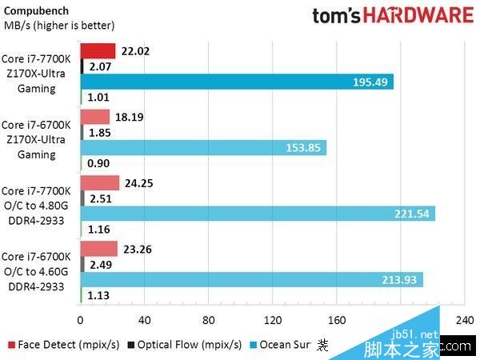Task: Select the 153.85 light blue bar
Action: tap(203, 148)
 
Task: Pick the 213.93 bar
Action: tap(251, 278)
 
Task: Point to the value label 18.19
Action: tap(130, 117)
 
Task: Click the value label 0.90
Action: tap(98, 163)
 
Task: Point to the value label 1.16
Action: tap(98, 229)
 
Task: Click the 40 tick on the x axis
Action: tap(145, 321)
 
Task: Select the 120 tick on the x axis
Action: tap(273, 321)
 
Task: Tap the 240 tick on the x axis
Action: tap(464, 321)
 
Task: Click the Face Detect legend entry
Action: tap(65, 345)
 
